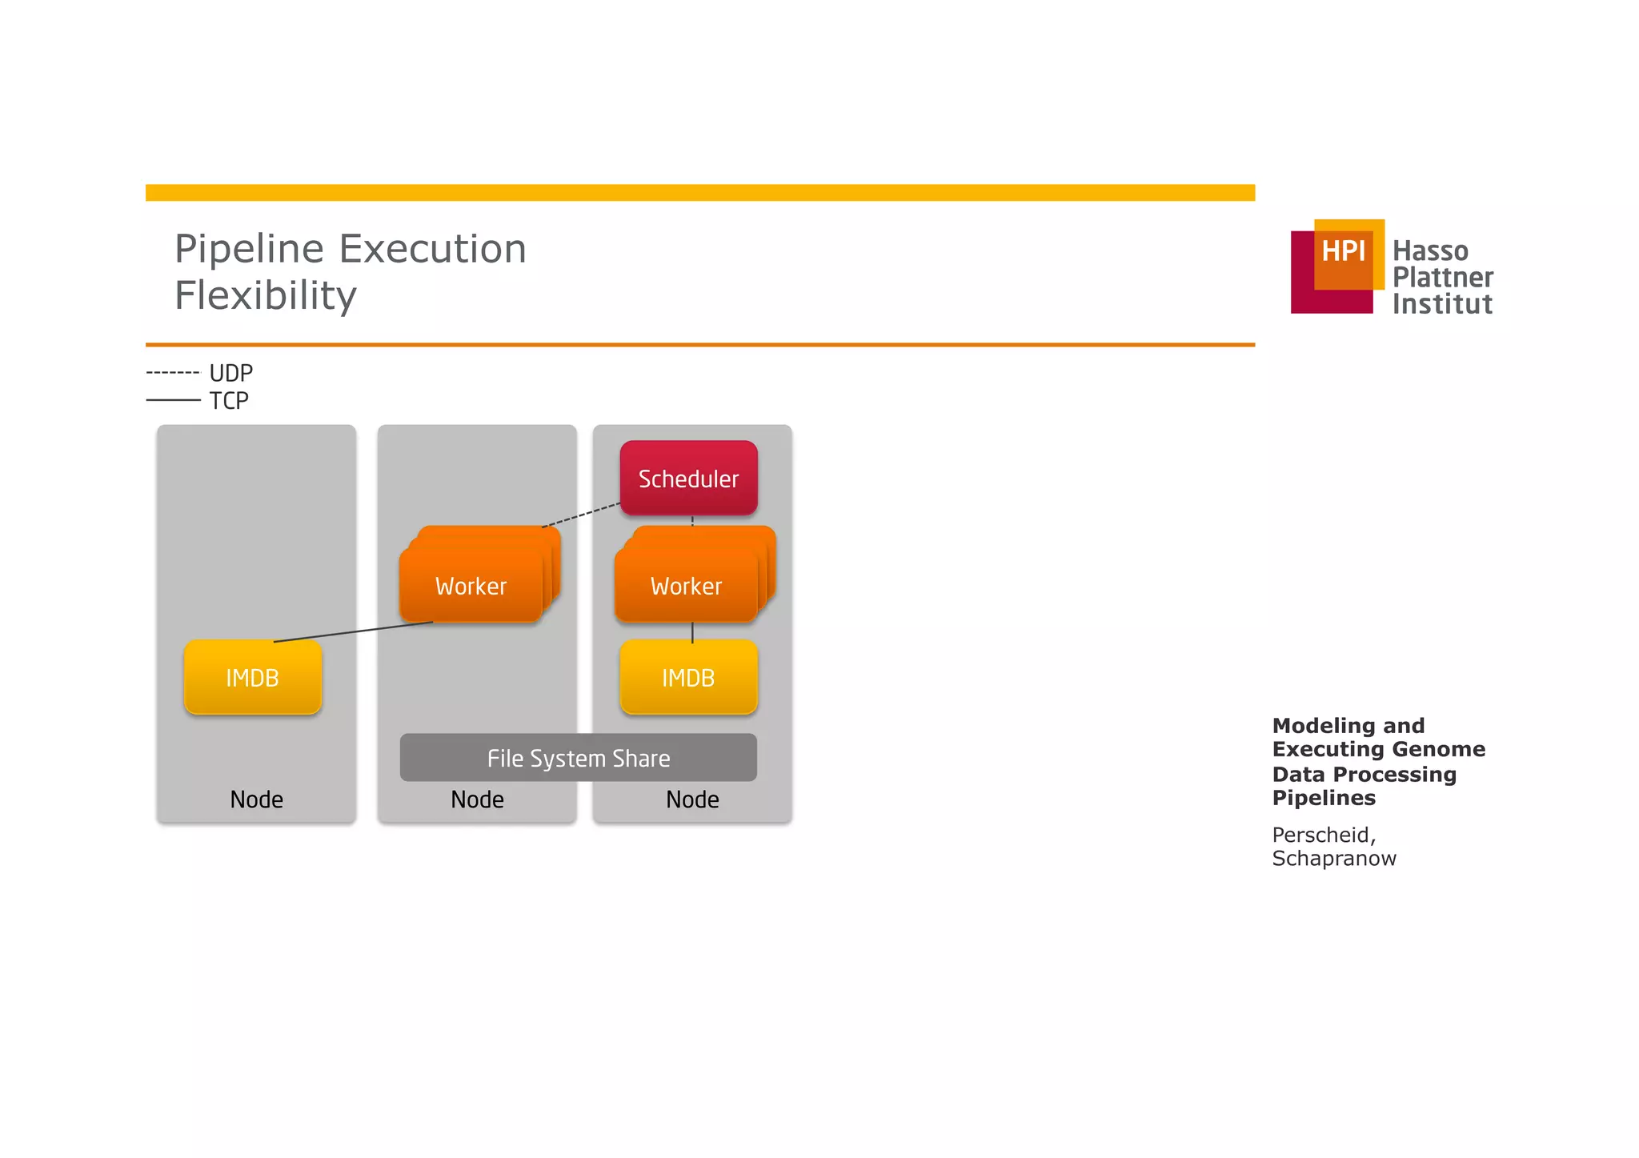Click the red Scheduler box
click(688, 478)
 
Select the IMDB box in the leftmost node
click(252, 677)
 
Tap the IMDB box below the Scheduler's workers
click(688, 677)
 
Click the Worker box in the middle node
click(471, 586)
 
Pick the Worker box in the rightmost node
click(686, 586)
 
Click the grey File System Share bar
click(578, 758)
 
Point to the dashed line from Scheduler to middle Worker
click(581, 515)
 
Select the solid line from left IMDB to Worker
click(352, 631)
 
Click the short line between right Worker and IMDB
click(692, 631)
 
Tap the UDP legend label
click(230, 373)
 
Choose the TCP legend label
click(229, 400)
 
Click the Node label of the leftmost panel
click(256, 799)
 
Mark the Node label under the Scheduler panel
click(692, 799)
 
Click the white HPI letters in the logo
click(1342, 251)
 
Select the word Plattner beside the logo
click(1442, 278)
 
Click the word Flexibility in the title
click(266, 295)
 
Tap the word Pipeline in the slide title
click(249, 249)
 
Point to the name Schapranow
click(1333, 858)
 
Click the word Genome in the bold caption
click(1445, 749)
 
